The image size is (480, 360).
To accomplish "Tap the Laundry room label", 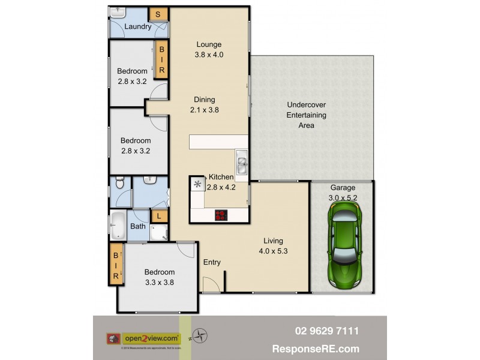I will [x=137, y=26].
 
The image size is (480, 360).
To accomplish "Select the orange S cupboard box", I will [x=158, y=14].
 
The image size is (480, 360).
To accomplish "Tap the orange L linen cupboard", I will [x=159, y=216].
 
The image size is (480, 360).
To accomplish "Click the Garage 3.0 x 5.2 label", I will [x=343, y=193].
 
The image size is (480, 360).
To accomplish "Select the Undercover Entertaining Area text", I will [x=306, y=115].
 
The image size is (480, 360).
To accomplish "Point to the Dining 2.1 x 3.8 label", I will [x=204, y=105].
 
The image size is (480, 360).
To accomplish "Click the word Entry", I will [x=212, y=262].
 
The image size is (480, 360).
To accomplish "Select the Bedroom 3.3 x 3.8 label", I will [x=159, y=277].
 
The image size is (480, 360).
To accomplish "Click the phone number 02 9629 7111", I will [x=327, y=331].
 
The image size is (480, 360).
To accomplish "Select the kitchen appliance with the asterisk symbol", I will [x=197, y=184].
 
